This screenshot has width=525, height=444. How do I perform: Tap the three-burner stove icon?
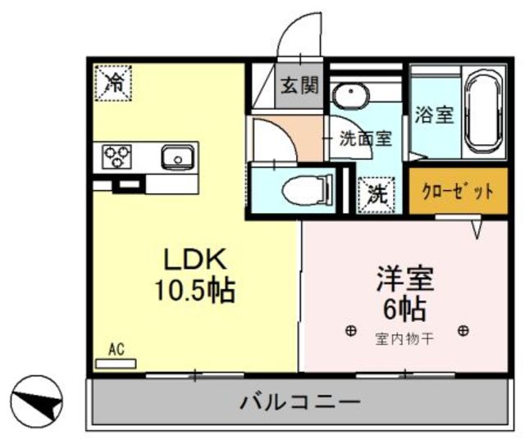click(x=117, y=156)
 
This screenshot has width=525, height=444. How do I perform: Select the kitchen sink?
click(x=175, y=156)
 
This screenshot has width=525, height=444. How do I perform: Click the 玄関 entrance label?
click(x=300, y=86)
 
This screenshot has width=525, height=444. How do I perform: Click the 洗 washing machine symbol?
click(x=376, y=194)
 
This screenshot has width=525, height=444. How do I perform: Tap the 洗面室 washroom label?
click(x=367, y=139)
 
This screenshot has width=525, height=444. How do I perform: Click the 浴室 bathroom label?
click(x=434, y=115)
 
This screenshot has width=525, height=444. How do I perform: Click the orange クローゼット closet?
click(x=446, y=193)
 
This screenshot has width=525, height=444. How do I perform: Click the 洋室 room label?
click(x=404, y=279)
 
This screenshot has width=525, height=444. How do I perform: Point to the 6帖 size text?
click(x=404, y=309)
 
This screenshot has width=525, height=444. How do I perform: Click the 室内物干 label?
click(x=404, y=338)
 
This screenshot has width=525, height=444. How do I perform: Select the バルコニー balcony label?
click(x=299, y=401)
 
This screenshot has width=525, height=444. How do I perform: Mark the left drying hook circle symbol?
click(x=351, y=331)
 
